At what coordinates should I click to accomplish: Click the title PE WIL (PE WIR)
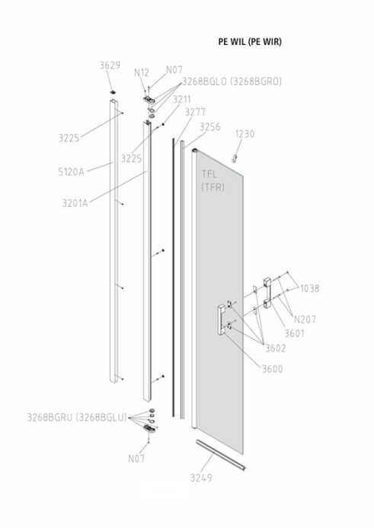coord(250,41)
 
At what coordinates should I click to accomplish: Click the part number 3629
coord(110,65)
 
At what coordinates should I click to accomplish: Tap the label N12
coord(142,72)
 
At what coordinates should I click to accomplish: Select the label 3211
coord(182,100)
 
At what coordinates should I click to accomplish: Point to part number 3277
coord(195,112)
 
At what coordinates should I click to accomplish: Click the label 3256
coord(209,127)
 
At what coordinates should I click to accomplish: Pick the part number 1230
coord(245,134)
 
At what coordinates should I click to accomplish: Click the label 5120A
coord(71,172)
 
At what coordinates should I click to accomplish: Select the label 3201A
coord(75,203)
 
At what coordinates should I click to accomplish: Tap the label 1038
coord(309,288)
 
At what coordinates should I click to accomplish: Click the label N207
coord(305,319)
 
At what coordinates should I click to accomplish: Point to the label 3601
coord(295,333)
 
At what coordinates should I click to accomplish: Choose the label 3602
coord(276,348)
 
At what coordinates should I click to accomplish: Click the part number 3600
coord(273,369)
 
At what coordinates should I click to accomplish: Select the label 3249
coord(201,478)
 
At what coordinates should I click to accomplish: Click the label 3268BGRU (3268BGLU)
coord(77,417)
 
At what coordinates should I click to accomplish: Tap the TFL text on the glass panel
coord(209,174)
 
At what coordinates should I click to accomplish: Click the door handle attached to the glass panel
coord(222,320)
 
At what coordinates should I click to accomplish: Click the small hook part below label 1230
coord(235,157)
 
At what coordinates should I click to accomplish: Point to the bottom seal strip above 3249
coord(221,454)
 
